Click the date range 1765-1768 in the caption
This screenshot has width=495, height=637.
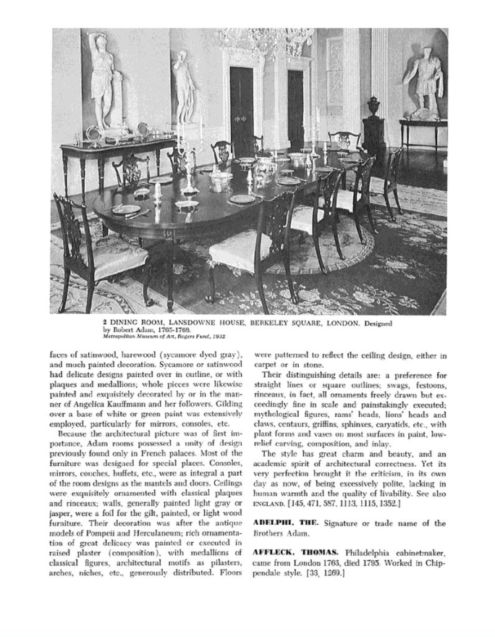pyautogui.click(x=171, y=331)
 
